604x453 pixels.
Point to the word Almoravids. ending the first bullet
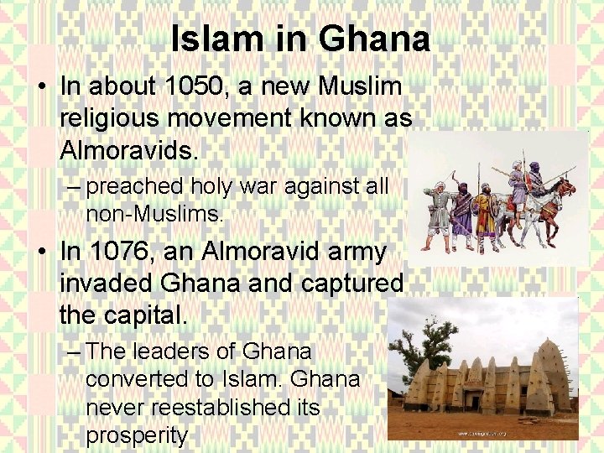click(x=129, y=151)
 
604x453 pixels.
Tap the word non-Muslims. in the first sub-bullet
click(x=154, y=216)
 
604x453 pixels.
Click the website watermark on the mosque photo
click(x=484, y=433)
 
